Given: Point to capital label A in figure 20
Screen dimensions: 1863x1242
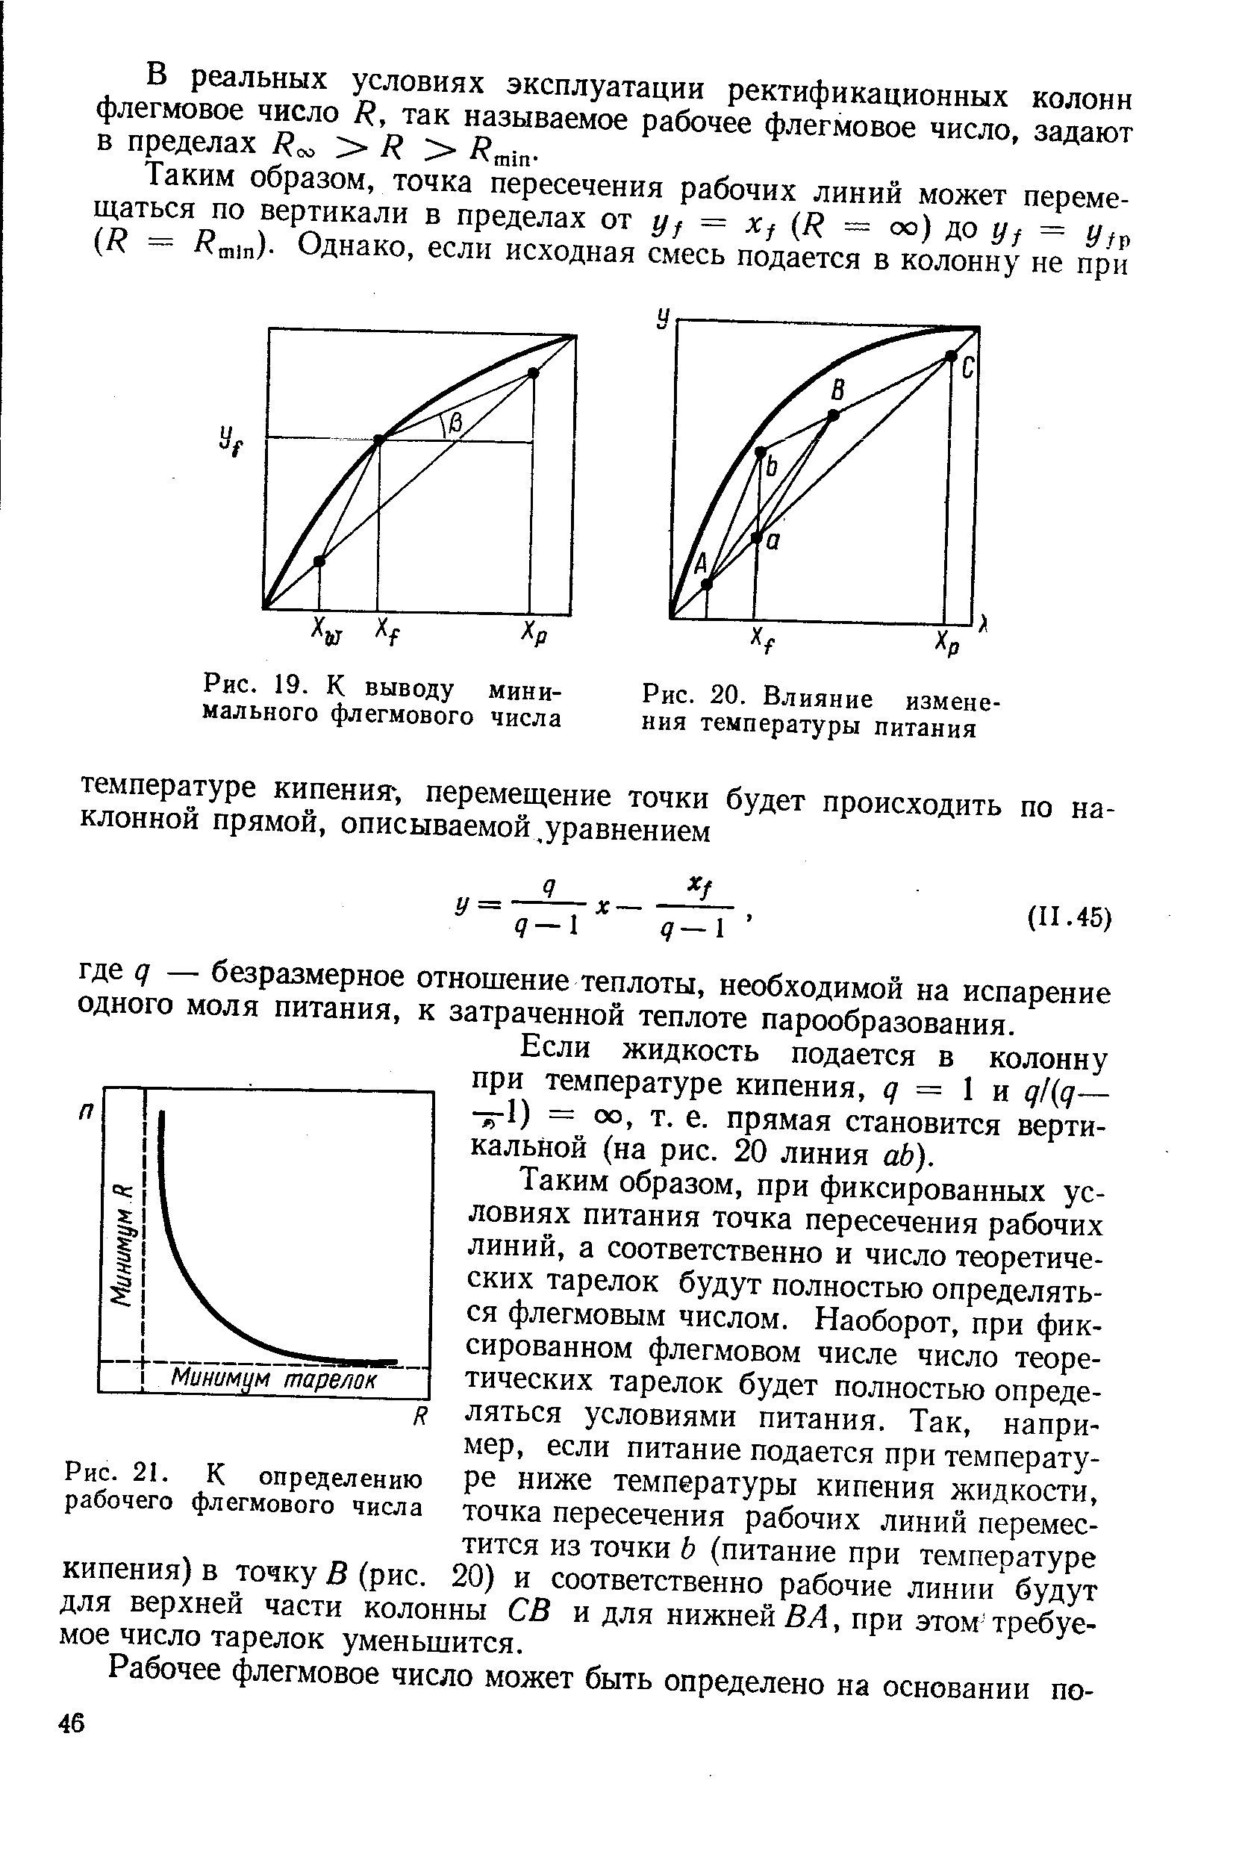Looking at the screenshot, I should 700,564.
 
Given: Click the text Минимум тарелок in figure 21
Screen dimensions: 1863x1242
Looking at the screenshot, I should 275,1379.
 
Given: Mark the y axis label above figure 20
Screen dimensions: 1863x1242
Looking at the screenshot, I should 661,319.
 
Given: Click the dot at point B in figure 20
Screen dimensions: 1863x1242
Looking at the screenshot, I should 832,414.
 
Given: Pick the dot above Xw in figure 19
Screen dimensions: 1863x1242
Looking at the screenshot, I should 319,561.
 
